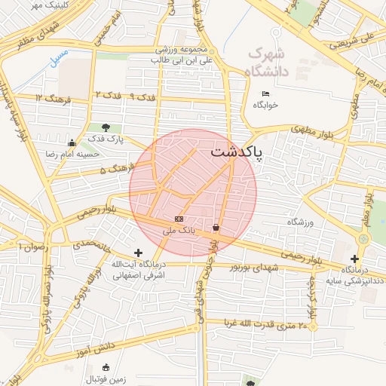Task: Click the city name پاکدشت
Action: [237, 152]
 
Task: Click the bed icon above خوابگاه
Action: [265, 93]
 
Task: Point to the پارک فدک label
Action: [105, 139]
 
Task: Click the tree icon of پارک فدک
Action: [105, 127]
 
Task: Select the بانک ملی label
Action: [179, 231]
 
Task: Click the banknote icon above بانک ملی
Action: [179, 219]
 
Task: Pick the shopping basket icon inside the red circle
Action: [216, 227]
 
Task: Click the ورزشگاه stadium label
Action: [299, 223]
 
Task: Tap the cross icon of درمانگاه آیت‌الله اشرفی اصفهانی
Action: [137, 253]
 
